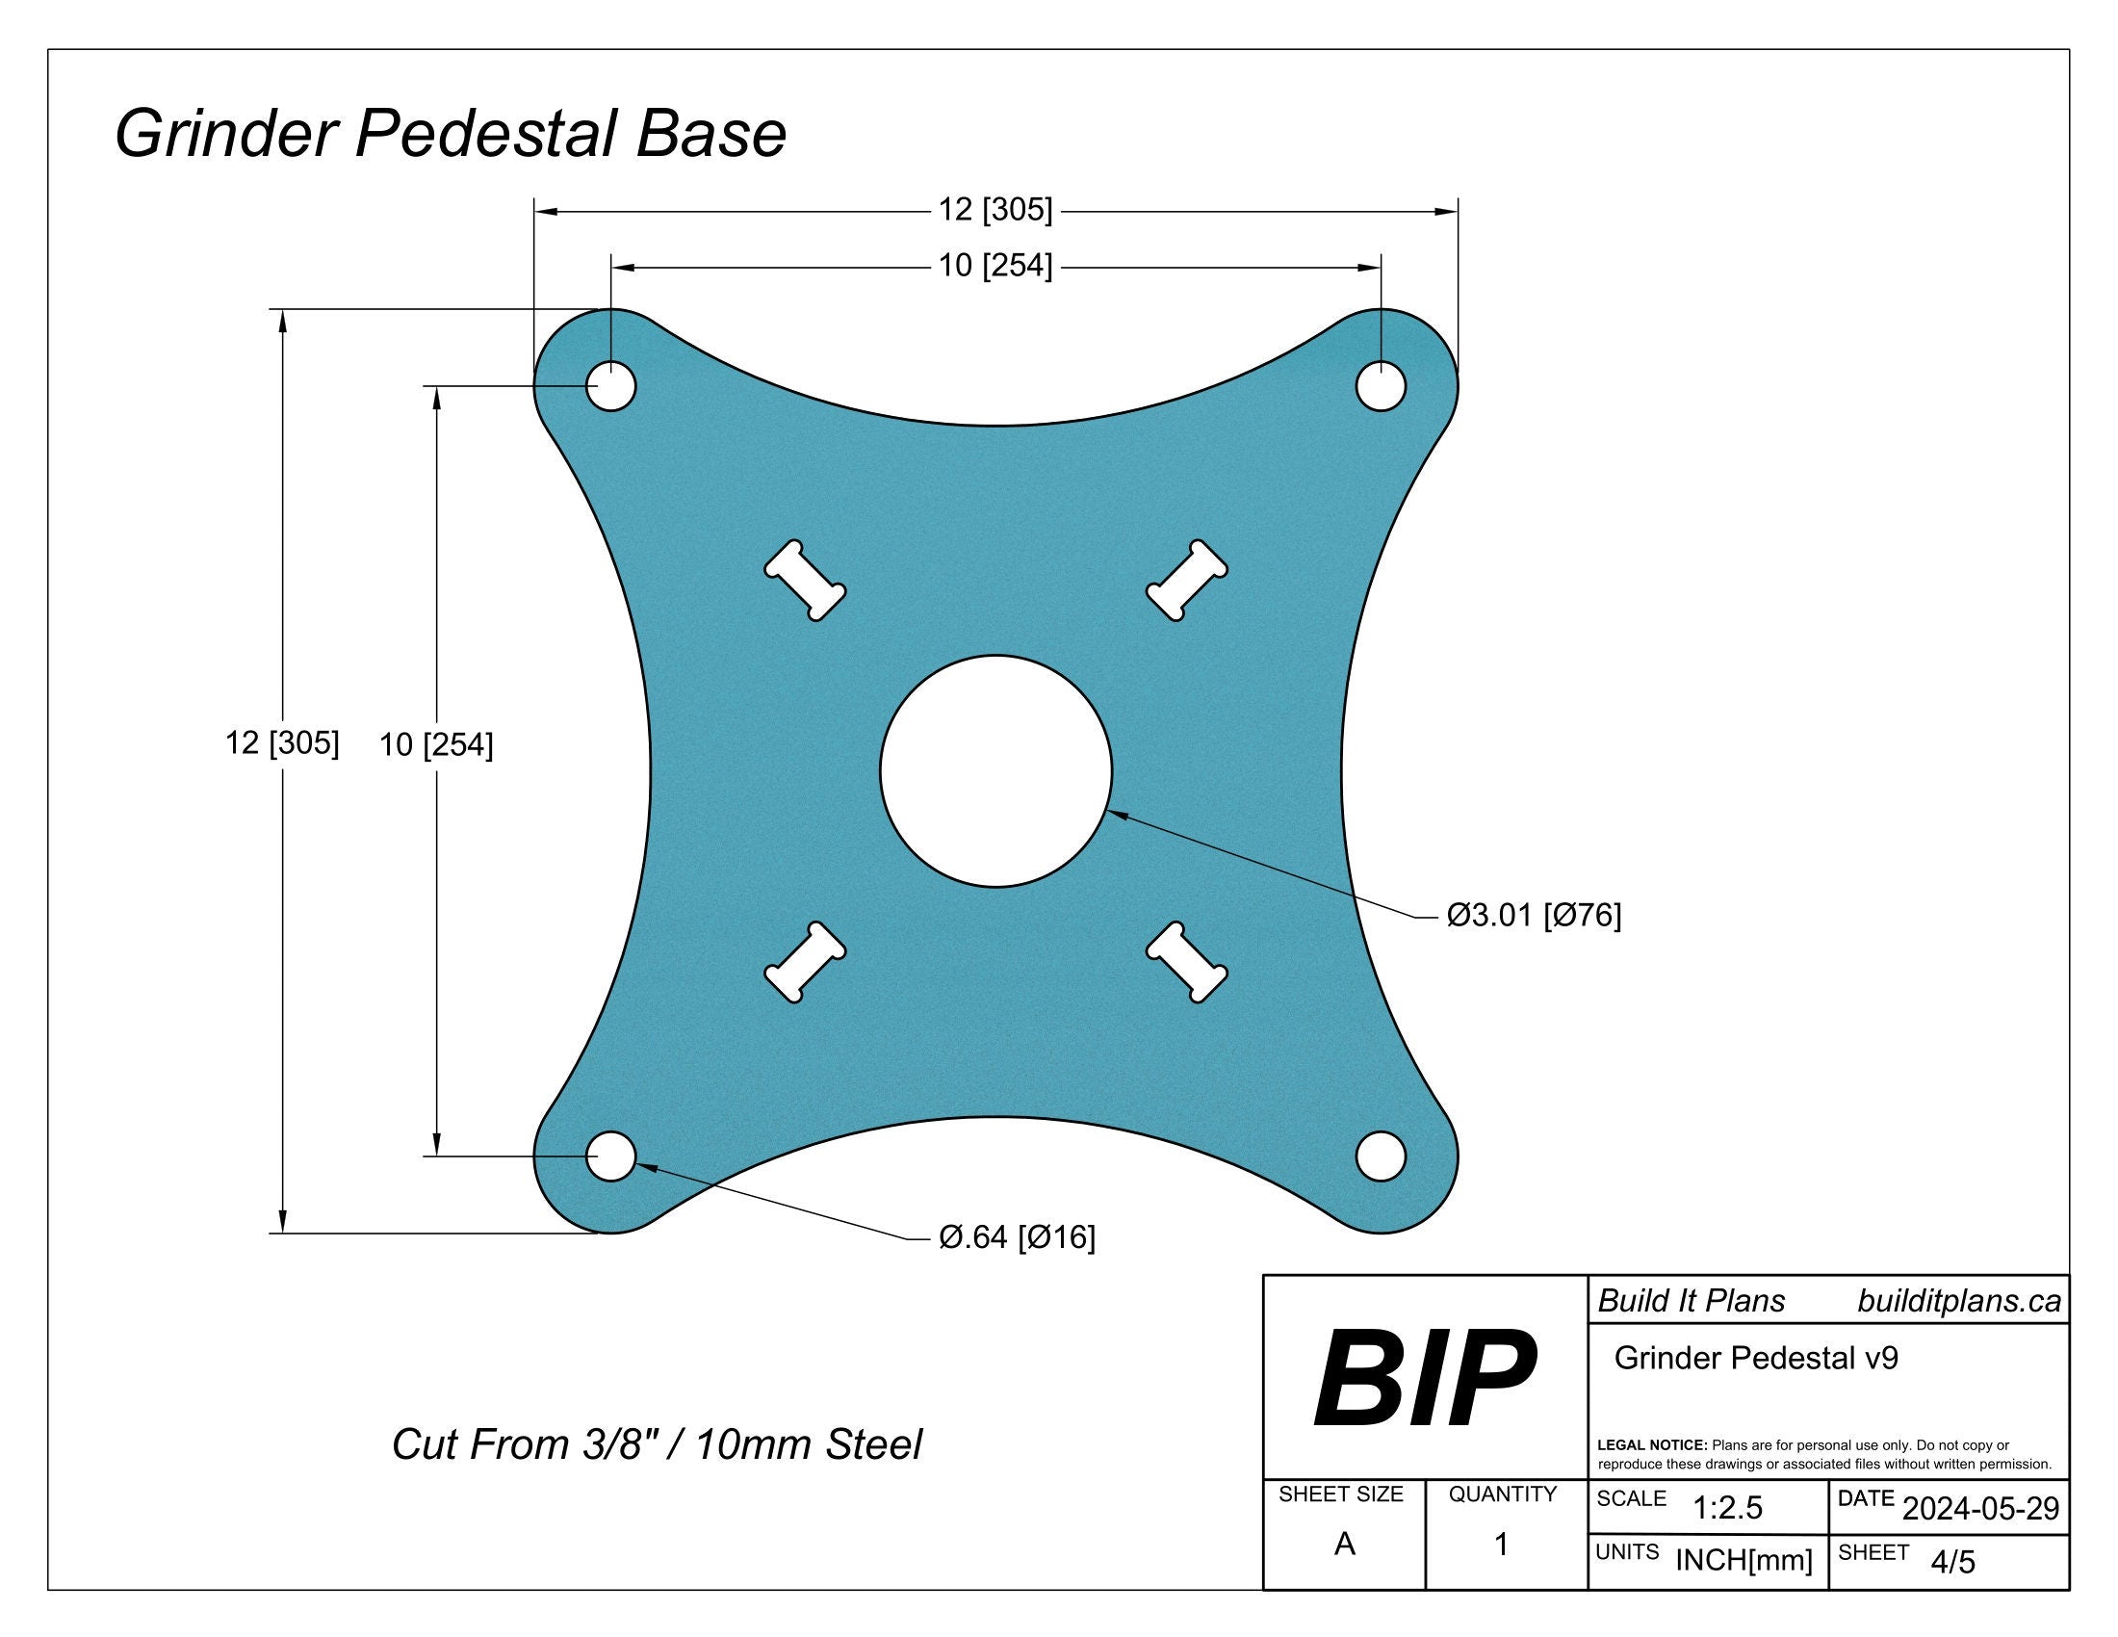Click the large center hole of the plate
click(996, 771)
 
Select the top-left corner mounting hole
click(611, 386)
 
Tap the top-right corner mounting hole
click(1380, 386)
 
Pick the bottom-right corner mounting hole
click(1380, 1156)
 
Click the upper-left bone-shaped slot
click(805, 581)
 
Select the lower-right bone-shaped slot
click(1187, 961)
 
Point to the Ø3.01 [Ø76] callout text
click(1534, 915)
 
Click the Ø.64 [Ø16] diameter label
click(1017, 1237)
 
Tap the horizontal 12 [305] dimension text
click(995, 210)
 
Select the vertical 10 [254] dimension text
click(436, 744)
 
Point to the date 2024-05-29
click(1980, 1509)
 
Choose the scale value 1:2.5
click(1727, 1508)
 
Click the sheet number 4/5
click(1952, 1562)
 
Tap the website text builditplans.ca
click(1958, 1302)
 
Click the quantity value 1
click(1501, 1544)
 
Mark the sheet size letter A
click(1344, 1544)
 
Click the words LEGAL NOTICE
click(1651, 1446)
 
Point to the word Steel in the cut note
click(873, 1445)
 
